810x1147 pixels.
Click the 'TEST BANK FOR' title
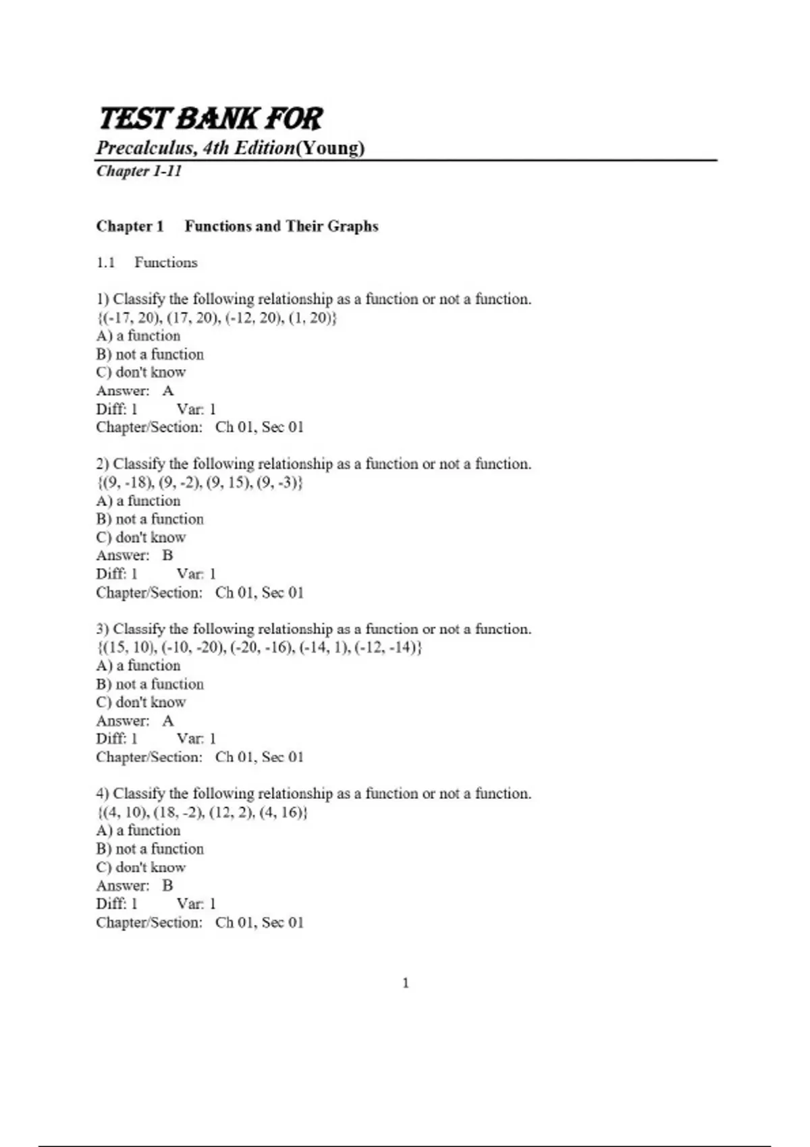pyautogui.click(x=211, y=118)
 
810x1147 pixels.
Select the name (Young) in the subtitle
pyautogui.click(x=330, y=148)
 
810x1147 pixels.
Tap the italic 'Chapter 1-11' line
pyautogui.click(x=139, y=171)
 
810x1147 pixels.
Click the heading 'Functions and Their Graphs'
pyautogui.click(x=281, y=226)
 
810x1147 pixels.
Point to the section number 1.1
pyautogui.click(x=105, y=262)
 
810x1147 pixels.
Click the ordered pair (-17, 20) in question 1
pyautogui.click(x=130, y=318)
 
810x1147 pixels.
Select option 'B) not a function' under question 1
pyautogui.click(x=150, y=354)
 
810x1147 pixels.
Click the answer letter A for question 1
pyautogui.click(x=168, y=391)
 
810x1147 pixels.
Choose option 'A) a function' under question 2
pyautogui.click(x=138, y=501)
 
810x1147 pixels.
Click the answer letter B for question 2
pyautogui.click(x=167, y=555)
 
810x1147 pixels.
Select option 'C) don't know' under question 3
pyautogui.click(x=141, y=702)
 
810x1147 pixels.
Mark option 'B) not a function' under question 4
pyautogui.click(x=150, y=849)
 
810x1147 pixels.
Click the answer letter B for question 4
pyautogui.click(x=167, y=885)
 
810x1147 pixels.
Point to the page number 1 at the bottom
pyautogui.click(x=406, y=983)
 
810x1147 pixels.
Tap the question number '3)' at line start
pyautogui.click(x=103, y=629)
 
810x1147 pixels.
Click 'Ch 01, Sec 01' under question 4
pyautogui.click(x=259, y=922)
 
